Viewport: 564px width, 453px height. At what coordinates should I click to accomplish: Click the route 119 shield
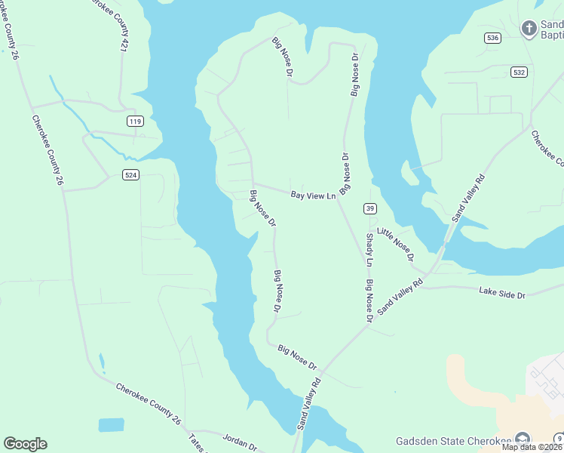tap(135, 122)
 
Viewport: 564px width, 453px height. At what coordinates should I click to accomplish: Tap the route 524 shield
tap(130, 174)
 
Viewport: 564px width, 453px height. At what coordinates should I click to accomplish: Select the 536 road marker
tap(492, 38)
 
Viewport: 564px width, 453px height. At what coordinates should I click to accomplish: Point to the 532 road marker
tap(518, 72)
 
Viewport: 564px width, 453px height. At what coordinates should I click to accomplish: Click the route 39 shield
tap(369, 208)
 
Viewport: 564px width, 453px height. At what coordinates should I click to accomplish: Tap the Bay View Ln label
tap(313, 196)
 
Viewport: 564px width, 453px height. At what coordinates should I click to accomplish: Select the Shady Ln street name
tap(369, 251)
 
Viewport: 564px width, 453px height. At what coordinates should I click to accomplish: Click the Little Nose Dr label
tap(396, 245)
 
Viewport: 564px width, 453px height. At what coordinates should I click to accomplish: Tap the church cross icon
tap(529, 29)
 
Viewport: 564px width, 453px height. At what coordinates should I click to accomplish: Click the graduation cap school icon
tap(522, 441)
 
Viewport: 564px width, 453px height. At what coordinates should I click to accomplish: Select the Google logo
tap(25, 444)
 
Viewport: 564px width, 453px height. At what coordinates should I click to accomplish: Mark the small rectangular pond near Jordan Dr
tap(111, 425)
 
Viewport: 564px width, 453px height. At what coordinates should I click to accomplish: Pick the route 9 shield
tap(559, 438)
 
